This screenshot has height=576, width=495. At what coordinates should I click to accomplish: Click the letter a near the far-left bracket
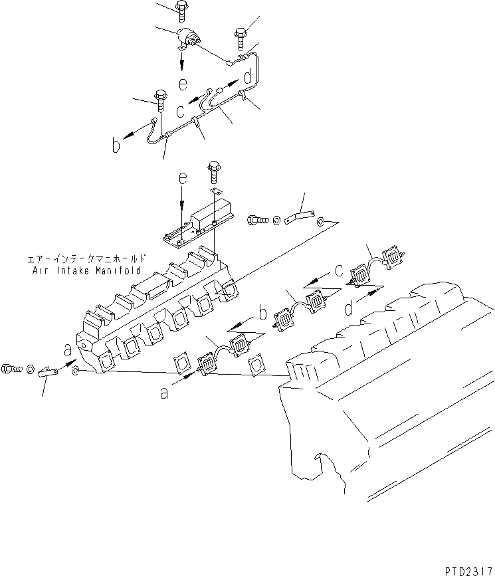click(x=67, y=348)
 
